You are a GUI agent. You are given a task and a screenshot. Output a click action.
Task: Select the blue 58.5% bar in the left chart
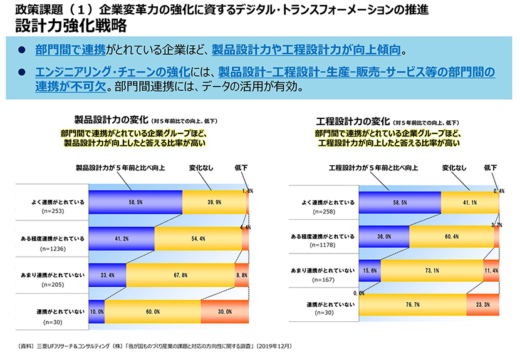135,202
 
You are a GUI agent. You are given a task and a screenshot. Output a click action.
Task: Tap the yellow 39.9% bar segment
214,202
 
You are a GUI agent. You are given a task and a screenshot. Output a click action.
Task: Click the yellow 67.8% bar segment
180,274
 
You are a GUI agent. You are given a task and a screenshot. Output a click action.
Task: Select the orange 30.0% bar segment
224,311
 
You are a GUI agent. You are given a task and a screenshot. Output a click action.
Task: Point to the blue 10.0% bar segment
96,311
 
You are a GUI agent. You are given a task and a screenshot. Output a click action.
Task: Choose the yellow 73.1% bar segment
431,270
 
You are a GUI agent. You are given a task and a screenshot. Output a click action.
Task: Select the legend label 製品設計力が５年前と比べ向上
120,168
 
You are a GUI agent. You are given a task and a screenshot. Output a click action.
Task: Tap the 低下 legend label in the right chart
491,168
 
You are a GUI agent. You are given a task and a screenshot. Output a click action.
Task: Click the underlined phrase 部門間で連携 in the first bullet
70,49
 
